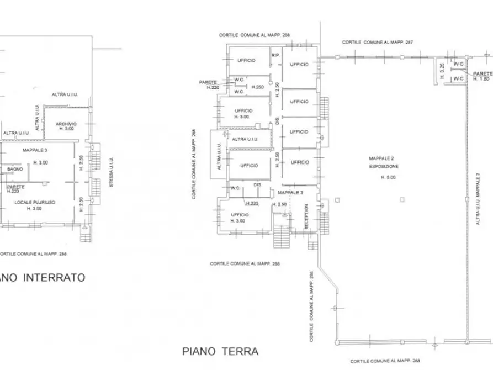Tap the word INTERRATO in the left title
point(54,278)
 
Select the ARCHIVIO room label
point(66,123)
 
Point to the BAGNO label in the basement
point(15,169)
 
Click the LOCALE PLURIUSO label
point(35,203)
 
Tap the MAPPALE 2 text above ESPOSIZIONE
point(381,158)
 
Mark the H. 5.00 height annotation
point(388,177)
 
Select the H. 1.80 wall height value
point(482,79)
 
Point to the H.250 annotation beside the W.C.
point(257,87)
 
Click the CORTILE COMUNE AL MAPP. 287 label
point(378,42)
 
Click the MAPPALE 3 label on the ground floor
point(290,192)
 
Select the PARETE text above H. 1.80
point(483,73)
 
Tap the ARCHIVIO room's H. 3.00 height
point(66,129)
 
